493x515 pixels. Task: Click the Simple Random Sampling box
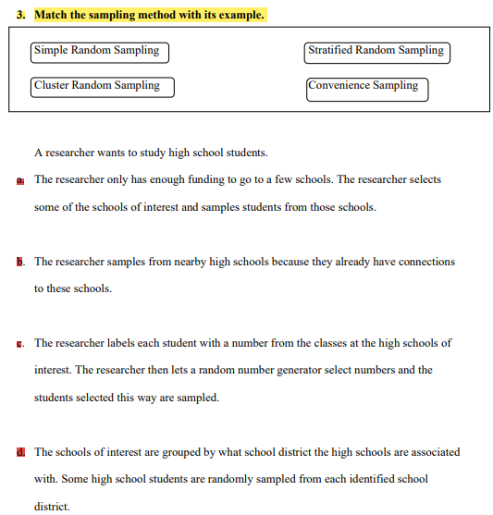point(100,51)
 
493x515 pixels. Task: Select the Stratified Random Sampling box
point(376,51)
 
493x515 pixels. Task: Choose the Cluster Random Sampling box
point(102,86)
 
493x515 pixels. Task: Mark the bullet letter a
point(20,180)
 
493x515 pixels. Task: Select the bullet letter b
point(20,263)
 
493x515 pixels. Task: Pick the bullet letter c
point(20,344)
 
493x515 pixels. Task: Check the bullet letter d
point(20,453)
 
